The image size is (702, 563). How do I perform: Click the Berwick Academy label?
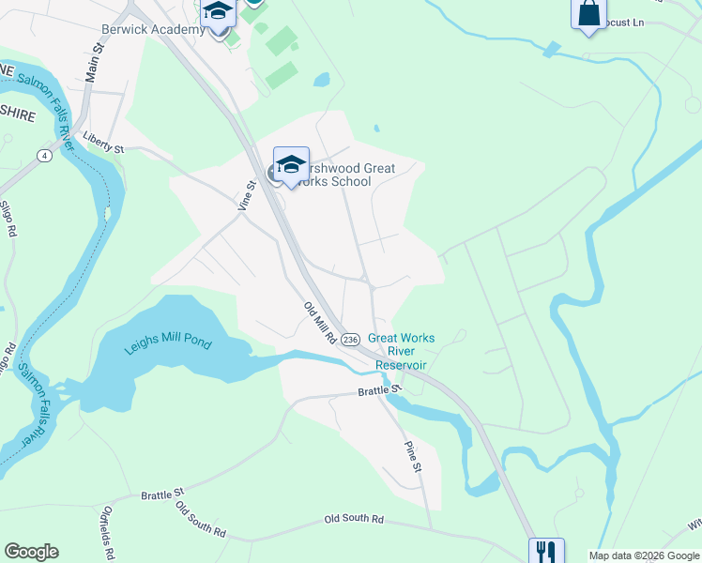coord(153,29)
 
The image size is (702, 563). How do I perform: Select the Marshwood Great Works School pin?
coord(291,166)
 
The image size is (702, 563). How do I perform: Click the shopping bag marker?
coord(588,14)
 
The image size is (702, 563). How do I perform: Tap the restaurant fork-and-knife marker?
coord(545,552)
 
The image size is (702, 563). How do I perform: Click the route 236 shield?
coord(350,339)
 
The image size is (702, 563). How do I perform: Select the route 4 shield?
coord(44,155)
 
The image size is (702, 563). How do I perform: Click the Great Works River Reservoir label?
coord(402,351)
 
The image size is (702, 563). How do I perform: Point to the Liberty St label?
coord(103,147)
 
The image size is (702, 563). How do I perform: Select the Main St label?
coord(93,63)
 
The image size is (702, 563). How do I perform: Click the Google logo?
coord(31,552)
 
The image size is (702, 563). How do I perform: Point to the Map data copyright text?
coord(643,555)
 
